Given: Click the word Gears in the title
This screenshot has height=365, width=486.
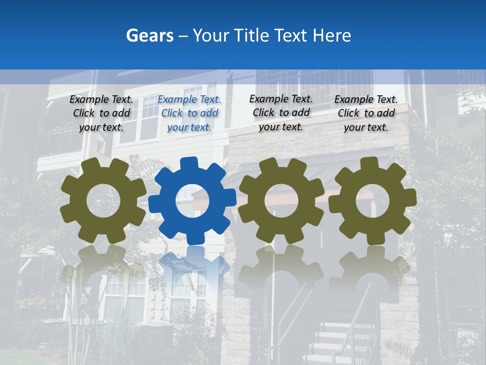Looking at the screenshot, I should click(x=149, y=35).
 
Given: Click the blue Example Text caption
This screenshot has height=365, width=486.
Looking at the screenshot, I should click(x=189, y=114).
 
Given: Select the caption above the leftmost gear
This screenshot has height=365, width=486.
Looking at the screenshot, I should click(x=101, y=114).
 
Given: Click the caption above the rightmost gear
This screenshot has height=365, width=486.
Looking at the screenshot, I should click(x=366, y=114).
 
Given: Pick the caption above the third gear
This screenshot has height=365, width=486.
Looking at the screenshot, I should click(x=281, y=113).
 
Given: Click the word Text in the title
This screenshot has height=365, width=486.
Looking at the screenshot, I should click(x=292, y=35).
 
